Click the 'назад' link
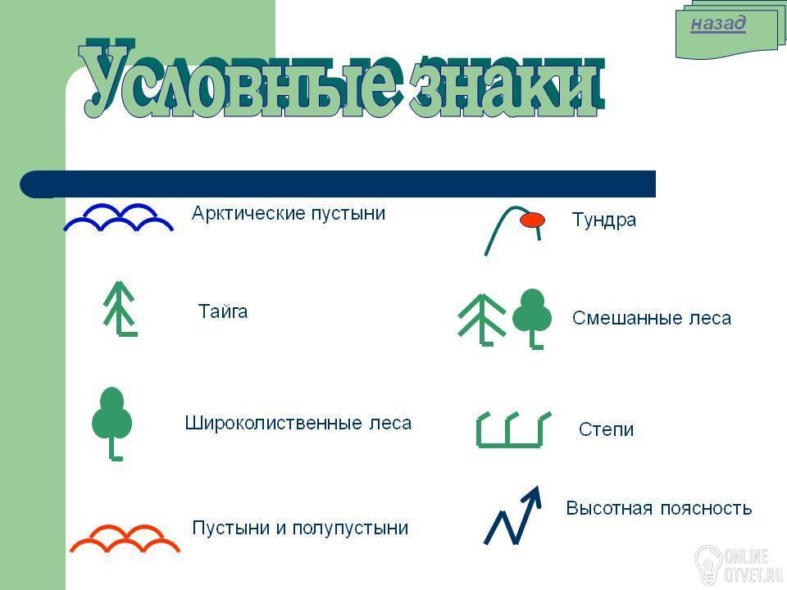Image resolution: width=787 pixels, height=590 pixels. [718, 23]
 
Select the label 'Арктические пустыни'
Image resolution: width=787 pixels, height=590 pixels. [289, 213]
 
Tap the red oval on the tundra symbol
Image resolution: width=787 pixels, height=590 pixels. [532, 220]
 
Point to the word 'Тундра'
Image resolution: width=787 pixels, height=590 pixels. [604, 220]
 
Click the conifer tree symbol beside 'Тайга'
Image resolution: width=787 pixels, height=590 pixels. [120, 308]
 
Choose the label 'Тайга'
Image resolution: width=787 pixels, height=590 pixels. [223, 311]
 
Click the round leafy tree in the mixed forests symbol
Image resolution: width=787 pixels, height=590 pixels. [532, 316]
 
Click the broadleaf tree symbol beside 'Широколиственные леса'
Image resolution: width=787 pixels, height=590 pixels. [112, 420]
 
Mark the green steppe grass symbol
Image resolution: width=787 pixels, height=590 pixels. [513, 430]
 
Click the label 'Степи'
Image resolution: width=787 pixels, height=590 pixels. [607, 429]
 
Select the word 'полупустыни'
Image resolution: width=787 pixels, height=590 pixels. [350, 528]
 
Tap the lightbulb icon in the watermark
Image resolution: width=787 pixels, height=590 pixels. [708, 565]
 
